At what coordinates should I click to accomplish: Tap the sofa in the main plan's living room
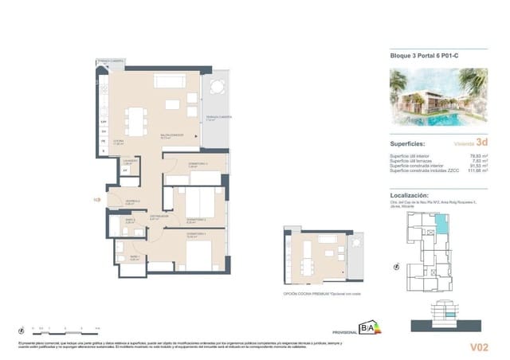(x=169, y=82)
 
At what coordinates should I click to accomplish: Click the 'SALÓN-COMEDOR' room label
(x=171, y=135)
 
